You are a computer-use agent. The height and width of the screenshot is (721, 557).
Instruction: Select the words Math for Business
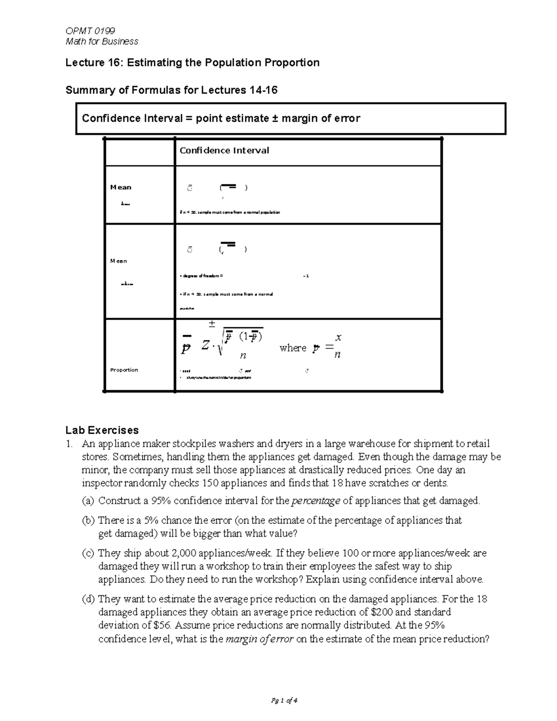point(102,41)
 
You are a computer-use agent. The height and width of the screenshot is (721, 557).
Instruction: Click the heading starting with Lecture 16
point(192,63)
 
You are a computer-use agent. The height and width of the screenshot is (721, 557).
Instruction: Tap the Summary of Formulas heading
point(171,90)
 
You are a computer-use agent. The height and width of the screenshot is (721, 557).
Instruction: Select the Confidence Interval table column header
point(224,150)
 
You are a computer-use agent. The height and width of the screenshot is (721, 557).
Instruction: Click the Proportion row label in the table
point(124,370)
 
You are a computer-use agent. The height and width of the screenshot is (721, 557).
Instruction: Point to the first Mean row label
point(121,187)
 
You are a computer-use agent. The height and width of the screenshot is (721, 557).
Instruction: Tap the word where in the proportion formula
point(293,348)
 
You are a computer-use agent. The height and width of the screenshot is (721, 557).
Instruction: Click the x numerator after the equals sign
point(338,338)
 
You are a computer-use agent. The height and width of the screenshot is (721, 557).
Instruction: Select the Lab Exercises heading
point(102,430)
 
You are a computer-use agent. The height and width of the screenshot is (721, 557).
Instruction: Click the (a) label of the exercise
point(88,500)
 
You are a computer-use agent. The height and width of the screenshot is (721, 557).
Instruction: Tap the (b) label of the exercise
point(88,520)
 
